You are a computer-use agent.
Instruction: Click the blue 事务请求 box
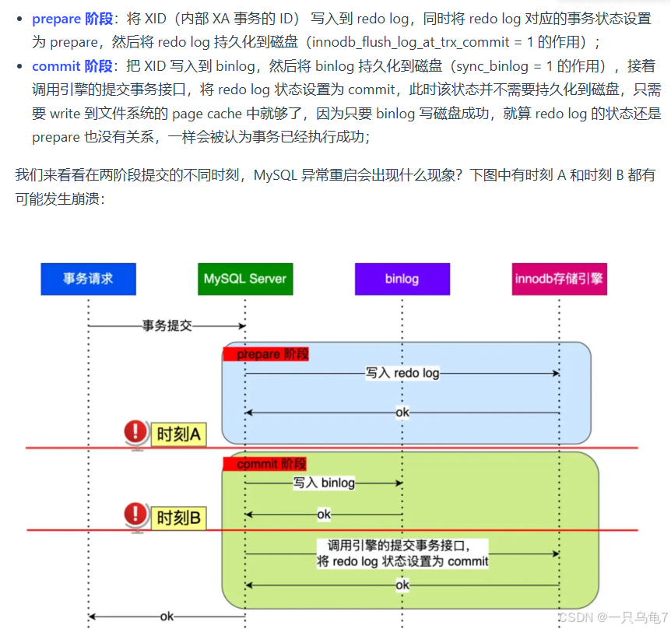tap(88, 279)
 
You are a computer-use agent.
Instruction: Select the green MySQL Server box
tap(245, 279)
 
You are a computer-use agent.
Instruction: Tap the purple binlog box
tap(402, 279)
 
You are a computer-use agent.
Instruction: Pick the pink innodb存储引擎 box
tap(559, 279)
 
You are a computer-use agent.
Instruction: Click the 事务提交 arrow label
tap(167, 325)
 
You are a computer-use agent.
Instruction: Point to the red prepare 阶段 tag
tap(266, 354)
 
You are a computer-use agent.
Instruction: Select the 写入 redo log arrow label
tap(402, 374)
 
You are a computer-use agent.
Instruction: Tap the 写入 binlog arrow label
tap(324, 483)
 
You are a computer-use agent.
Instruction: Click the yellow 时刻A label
tap(180, 434)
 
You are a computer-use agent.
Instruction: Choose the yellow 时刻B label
tap(180, 517)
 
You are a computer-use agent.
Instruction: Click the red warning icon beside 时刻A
tap(136, 433)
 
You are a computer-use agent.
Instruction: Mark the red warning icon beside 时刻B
tap(136, 515)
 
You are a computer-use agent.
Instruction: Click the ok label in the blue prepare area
tap(402, 413)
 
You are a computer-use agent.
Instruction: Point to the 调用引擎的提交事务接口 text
tap(402, 546)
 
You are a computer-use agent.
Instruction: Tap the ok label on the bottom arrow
tap(167, 617)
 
